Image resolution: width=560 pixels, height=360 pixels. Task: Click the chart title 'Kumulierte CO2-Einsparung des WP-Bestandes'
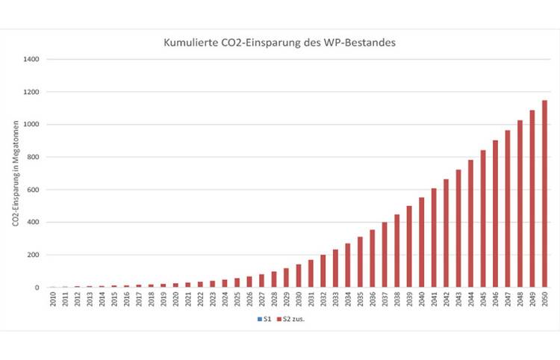pos(279,43)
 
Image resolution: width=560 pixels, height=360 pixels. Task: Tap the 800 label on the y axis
pos(34,157)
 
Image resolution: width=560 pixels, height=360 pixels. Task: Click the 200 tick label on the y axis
pos(34,255)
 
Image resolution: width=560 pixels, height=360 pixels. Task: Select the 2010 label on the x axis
pos(52,300)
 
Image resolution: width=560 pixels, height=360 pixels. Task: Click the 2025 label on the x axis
pos(237,300)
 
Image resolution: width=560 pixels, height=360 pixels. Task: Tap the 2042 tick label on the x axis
pos(447,300)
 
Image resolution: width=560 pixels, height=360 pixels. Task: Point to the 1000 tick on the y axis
pos(31,124)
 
